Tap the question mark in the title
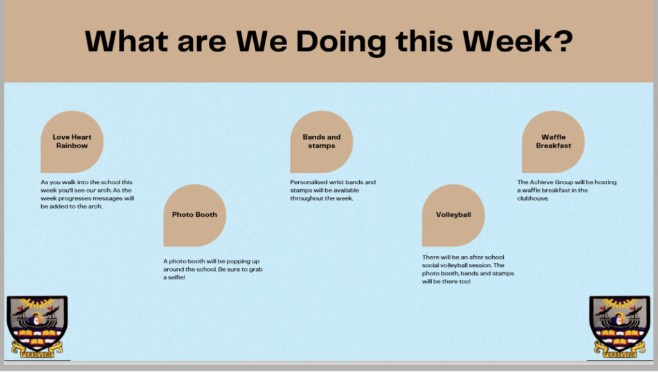tap(563, 41)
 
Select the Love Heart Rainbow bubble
tap(72, 142)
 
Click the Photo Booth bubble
tap(195, 215)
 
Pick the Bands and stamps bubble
tap(321, 142)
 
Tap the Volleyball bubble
tap(453, 215)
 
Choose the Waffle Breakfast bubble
tap(553, 142)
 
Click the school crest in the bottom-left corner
tap(37, 326)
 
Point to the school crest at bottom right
tap(620, 326)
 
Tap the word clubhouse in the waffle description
tap(532, 198)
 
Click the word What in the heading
tap(127, 41)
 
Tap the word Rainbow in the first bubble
tap(72, 146)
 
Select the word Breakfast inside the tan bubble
tap(553, 146)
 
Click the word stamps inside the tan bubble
tap(321, 146)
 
